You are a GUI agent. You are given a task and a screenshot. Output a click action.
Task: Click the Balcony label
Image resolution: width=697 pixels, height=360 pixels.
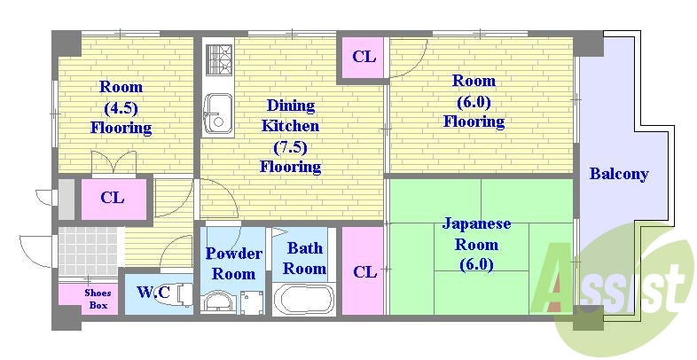(x=618, y=174)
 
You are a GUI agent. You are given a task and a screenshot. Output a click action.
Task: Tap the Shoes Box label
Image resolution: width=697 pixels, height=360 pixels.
(x=98, y=299)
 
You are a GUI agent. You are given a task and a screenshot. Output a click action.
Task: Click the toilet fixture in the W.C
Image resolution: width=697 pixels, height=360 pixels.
(x=181, y=293)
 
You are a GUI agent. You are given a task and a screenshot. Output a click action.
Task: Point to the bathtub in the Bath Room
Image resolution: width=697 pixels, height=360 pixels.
(x=303, y=299)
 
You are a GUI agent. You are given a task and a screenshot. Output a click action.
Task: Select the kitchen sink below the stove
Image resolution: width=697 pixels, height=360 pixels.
(x=215, y=113)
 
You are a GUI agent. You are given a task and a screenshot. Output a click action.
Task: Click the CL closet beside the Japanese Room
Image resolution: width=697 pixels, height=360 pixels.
(x=364, y=271)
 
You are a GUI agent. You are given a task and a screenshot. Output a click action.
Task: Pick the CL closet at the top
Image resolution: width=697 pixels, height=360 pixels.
(x=364, y=58)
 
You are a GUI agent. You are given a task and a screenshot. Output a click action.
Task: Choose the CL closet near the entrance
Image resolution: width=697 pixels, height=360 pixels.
(x=112, y=198)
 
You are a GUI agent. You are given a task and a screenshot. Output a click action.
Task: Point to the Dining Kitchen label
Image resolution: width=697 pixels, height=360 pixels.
(x=290, y=115)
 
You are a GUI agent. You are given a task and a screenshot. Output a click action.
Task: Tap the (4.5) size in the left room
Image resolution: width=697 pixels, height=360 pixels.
(x=121, y=107)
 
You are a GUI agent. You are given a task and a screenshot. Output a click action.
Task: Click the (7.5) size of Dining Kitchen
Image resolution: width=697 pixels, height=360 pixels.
(x=290, y=146)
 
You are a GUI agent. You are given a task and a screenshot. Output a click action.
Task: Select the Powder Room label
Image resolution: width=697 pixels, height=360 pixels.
(x=234, y=263)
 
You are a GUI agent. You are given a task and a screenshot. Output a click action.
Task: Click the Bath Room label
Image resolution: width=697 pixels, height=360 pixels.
(x=305, y=258)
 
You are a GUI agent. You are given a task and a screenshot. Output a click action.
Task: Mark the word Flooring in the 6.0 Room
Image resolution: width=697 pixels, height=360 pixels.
(x=474, y=121)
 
